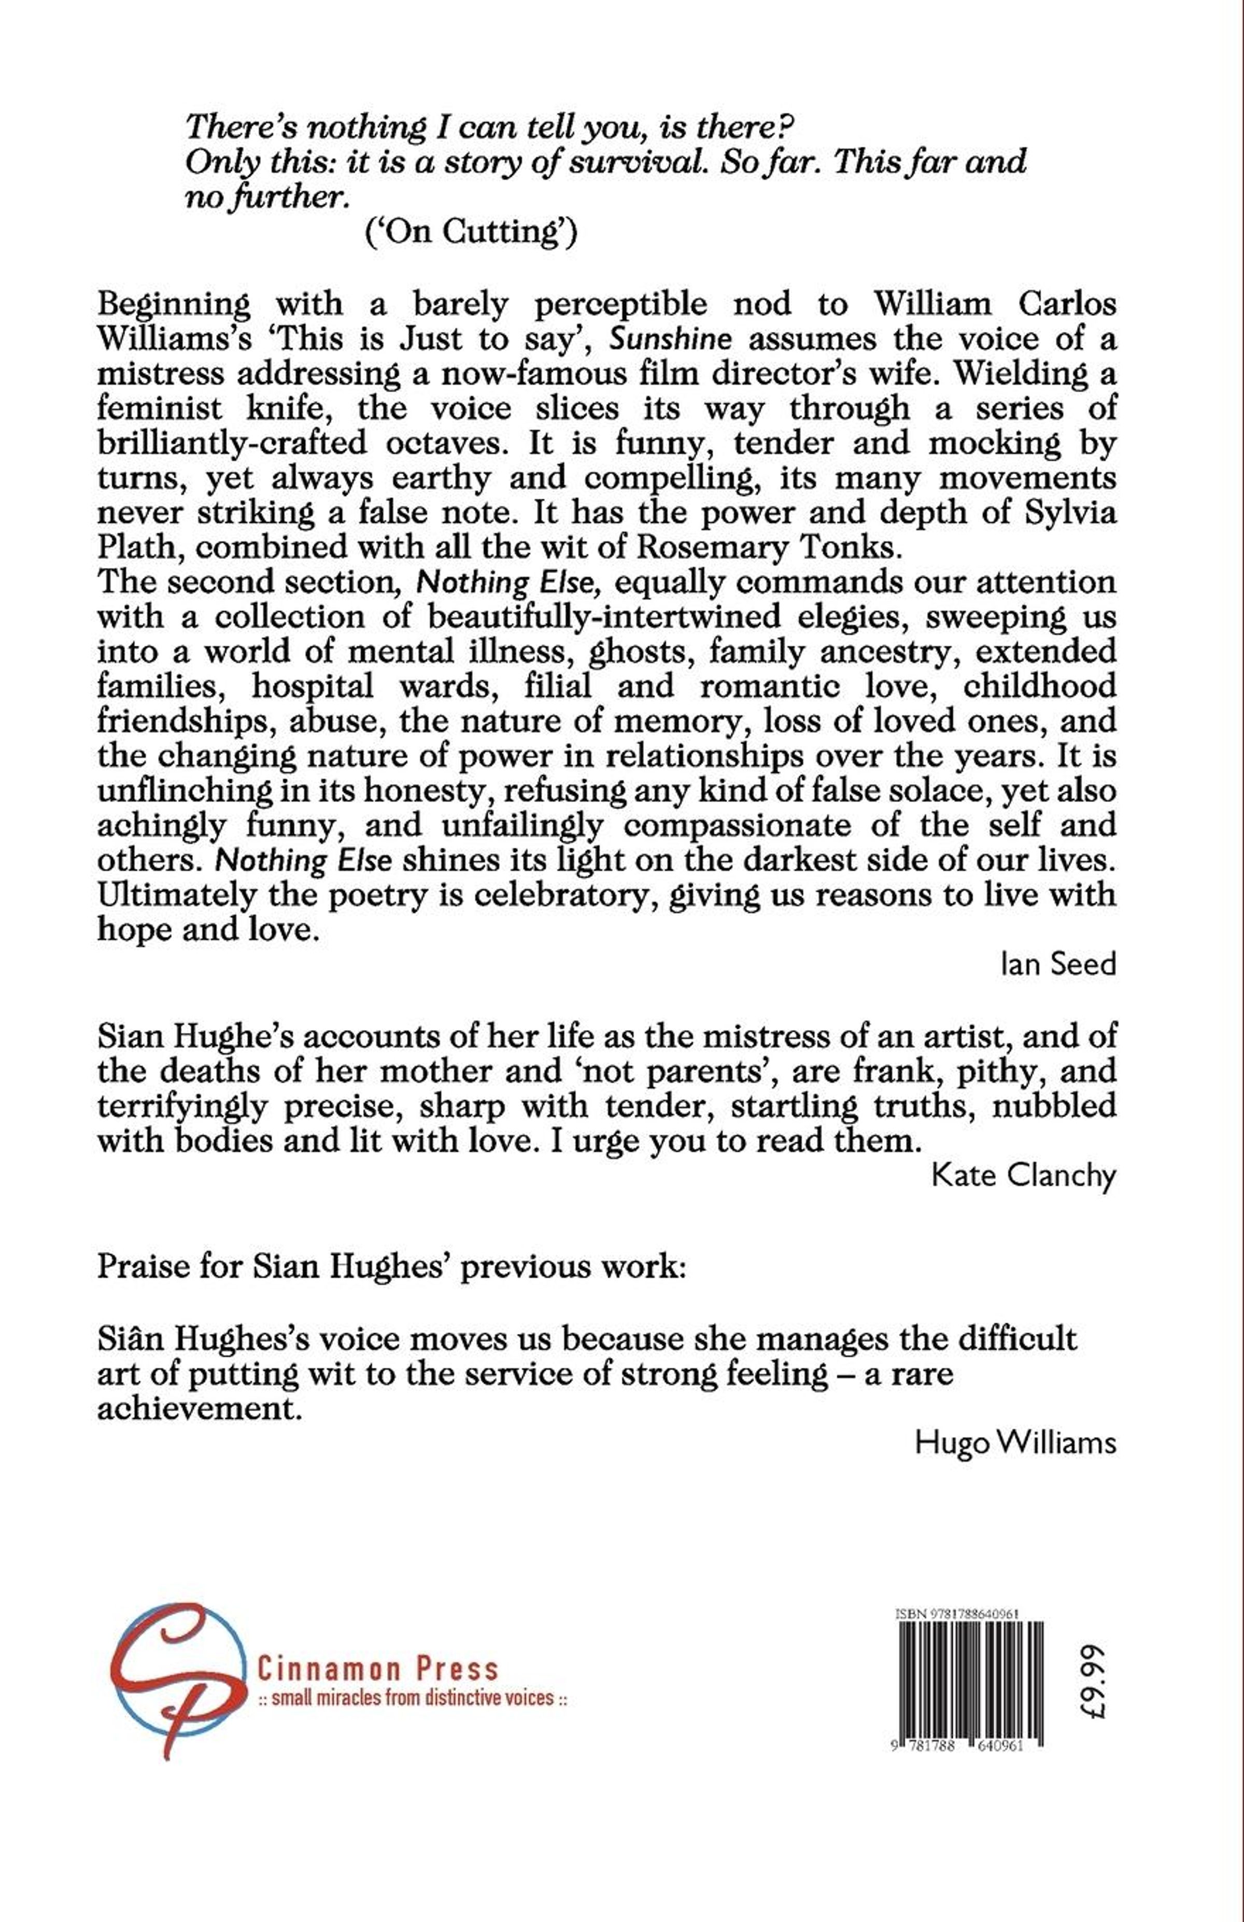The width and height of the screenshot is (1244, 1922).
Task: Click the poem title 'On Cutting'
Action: (472, 232)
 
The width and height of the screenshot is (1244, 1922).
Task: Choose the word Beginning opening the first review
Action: (174, 305)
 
